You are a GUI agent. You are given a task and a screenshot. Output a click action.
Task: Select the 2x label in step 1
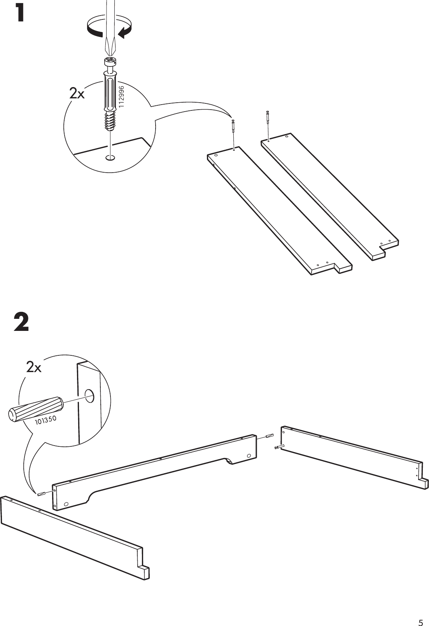pyautogui.click(x=77, y=94)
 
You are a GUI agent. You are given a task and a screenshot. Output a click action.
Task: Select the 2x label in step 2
pyautogui.click(x=34, y=367)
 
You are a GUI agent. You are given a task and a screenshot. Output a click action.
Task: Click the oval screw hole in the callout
pyautogui.click(x=110, y=158)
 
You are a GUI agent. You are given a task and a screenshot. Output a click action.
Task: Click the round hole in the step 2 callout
pyautogui.click(x=89, y=395)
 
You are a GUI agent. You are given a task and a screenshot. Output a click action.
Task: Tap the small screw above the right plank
pyautogui.click(x=267, y=117)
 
